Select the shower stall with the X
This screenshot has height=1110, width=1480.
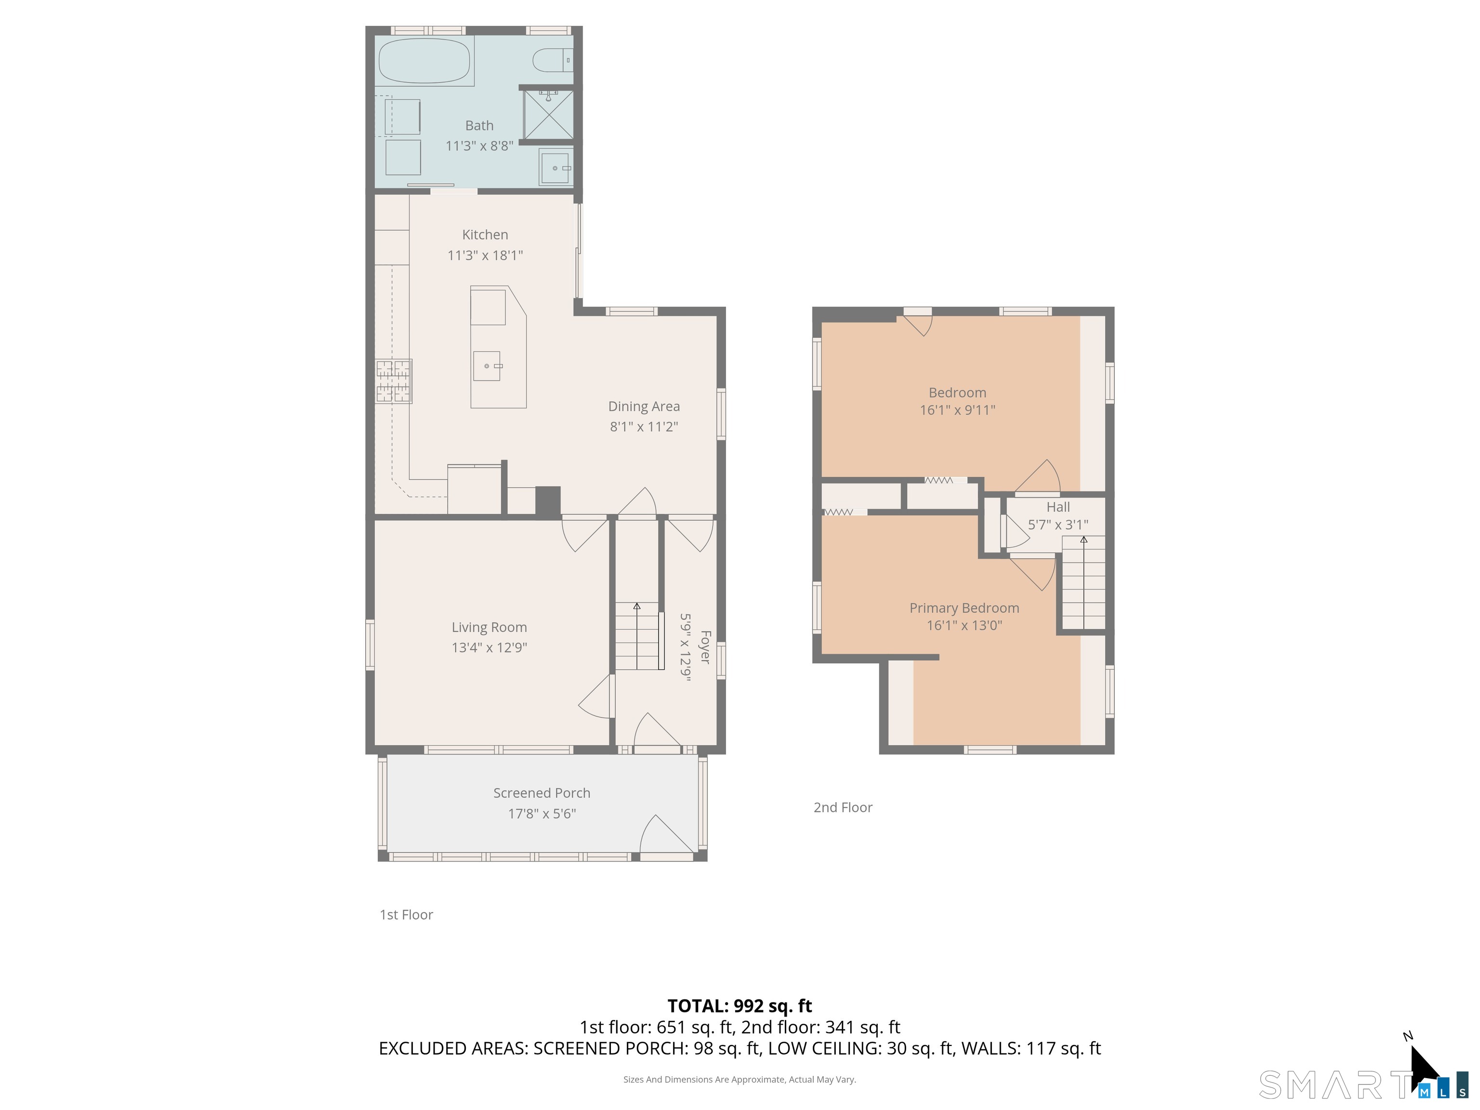point(548,114)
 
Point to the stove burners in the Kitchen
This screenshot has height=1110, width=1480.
point(394,382)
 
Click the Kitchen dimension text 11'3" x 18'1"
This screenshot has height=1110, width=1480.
point(485,255)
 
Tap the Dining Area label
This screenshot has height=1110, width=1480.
point(644,406)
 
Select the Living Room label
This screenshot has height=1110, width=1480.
point(489,627)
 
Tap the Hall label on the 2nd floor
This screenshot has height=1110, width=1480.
point(1058,507)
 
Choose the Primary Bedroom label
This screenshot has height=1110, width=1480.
point(964,608)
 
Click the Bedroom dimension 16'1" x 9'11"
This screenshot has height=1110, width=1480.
point(957,410)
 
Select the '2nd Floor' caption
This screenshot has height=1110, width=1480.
point(843,807)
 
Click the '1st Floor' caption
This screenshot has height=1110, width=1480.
point(406,914)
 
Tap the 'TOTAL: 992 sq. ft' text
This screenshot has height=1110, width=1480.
point(740,1005)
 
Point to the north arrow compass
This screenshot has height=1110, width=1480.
point(1424,1067)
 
